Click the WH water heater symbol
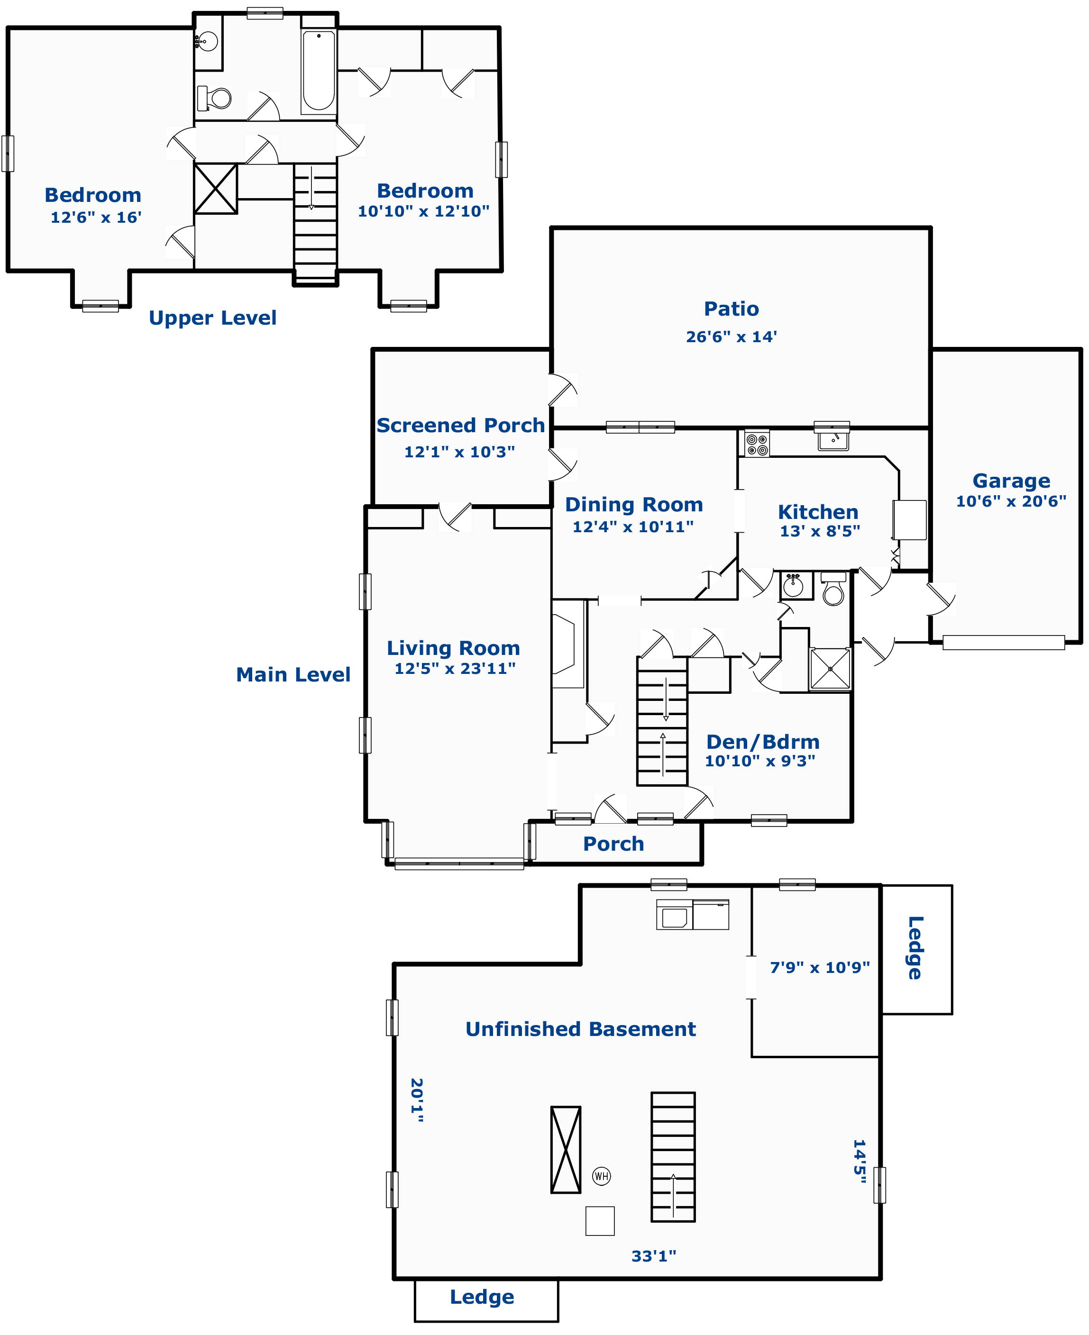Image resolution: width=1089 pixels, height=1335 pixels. [601, 1176]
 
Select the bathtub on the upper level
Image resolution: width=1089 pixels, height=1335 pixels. [318, 72]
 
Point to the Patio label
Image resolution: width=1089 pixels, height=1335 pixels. [732, 309]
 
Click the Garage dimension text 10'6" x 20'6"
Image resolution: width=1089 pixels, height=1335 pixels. [1011, 501]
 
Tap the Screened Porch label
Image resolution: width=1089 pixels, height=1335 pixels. [460, 425]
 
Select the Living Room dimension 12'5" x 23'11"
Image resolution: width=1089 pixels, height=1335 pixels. [455, 668]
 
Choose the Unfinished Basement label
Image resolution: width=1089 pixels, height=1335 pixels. [580, 1029]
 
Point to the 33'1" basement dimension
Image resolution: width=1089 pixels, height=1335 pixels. [654, 1256]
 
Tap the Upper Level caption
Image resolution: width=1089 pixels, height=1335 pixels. [213, 318]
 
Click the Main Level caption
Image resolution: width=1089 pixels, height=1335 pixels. [293, 675]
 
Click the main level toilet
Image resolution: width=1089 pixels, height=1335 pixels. [833, 589]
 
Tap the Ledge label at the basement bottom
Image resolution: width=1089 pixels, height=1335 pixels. [482, 1297]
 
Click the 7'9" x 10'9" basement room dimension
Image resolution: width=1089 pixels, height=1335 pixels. [820, 968]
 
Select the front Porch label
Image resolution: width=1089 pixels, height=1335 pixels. [613, 844]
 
